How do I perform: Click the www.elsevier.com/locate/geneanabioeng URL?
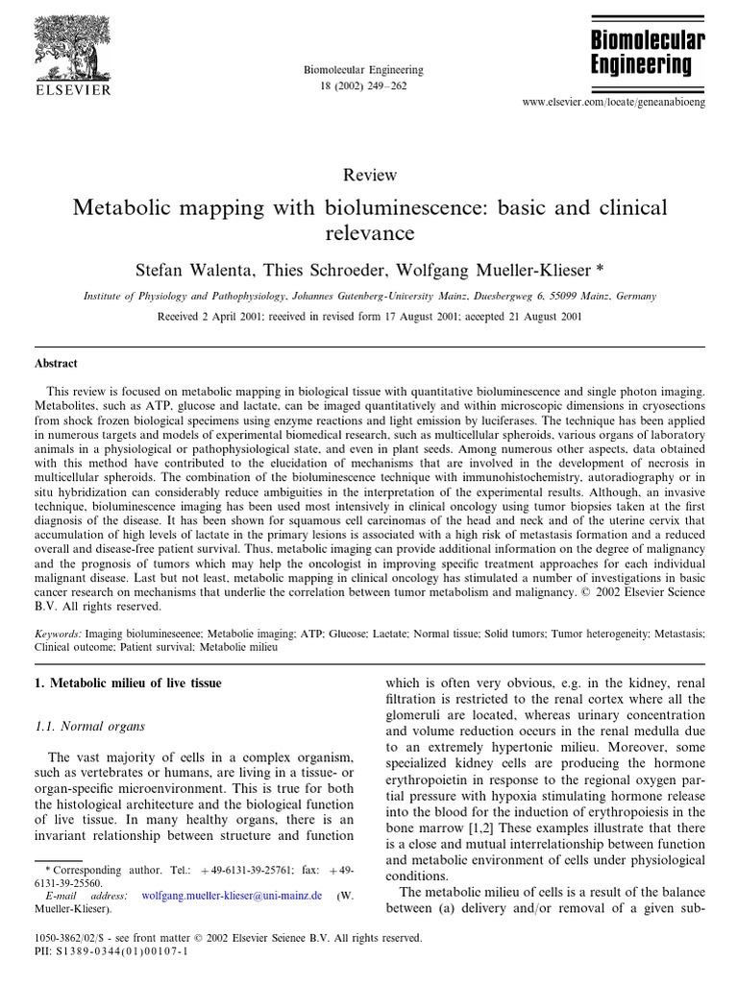pyautogui.click(x=612, y=101)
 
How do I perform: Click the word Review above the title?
pyautogui.click(x=369, y=175)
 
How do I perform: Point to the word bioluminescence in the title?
pyautogui.click(x=368, y=207)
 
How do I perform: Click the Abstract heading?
pyautogui.click(x=57, y=364)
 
